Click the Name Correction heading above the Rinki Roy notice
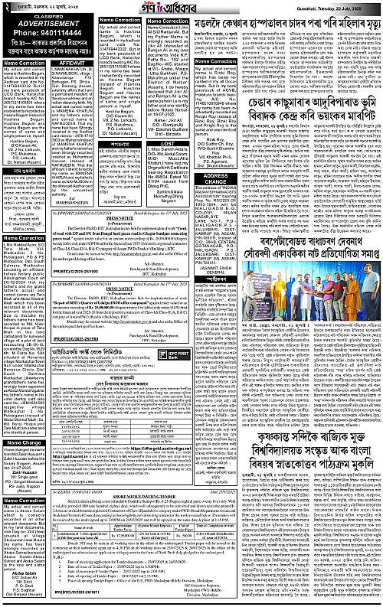point(215,60)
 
